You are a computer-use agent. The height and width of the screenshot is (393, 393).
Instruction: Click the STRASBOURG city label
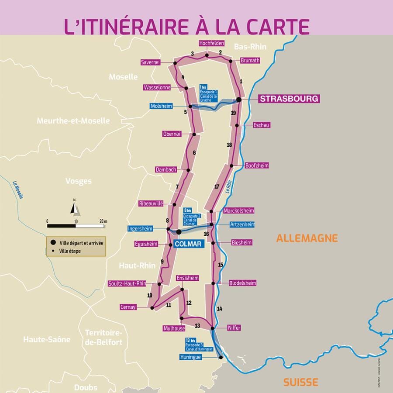pos(289,99)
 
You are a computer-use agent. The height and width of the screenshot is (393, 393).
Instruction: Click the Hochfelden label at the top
pos(211,43)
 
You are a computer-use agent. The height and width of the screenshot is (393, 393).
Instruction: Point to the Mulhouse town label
pos(174,328)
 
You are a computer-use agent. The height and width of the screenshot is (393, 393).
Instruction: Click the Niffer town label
pos(234,327)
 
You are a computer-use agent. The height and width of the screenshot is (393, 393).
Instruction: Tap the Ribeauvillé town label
pos(151,203)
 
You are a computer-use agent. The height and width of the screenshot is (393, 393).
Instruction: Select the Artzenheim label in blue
pos(241,224)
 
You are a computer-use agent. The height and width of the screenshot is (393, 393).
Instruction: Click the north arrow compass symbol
pos(75,208)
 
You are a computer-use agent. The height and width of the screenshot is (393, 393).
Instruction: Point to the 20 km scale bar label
pos(103,221)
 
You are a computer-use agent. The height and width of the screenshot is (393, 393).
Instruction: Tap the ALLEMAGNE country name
pos(307,238)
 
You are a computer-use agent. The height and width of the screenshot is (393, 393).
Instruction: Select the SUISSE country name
pos(300,382)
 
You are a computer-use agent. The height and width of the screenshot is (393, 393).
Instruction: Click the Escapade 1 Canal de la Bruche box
pos(208,93)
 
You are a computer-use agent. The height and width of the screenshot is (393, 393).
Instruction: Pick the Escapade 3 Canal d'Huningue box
pos(199,345)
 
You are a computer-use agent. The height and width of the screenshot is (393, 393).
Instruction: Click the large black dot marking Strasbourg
pos(239,100)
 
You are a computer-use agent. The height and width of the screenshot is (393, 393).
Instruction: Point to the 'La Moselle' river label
pos(18,190)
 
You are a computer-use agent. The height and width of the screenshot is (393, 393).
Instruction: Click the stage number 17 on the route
pos(217,186)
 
